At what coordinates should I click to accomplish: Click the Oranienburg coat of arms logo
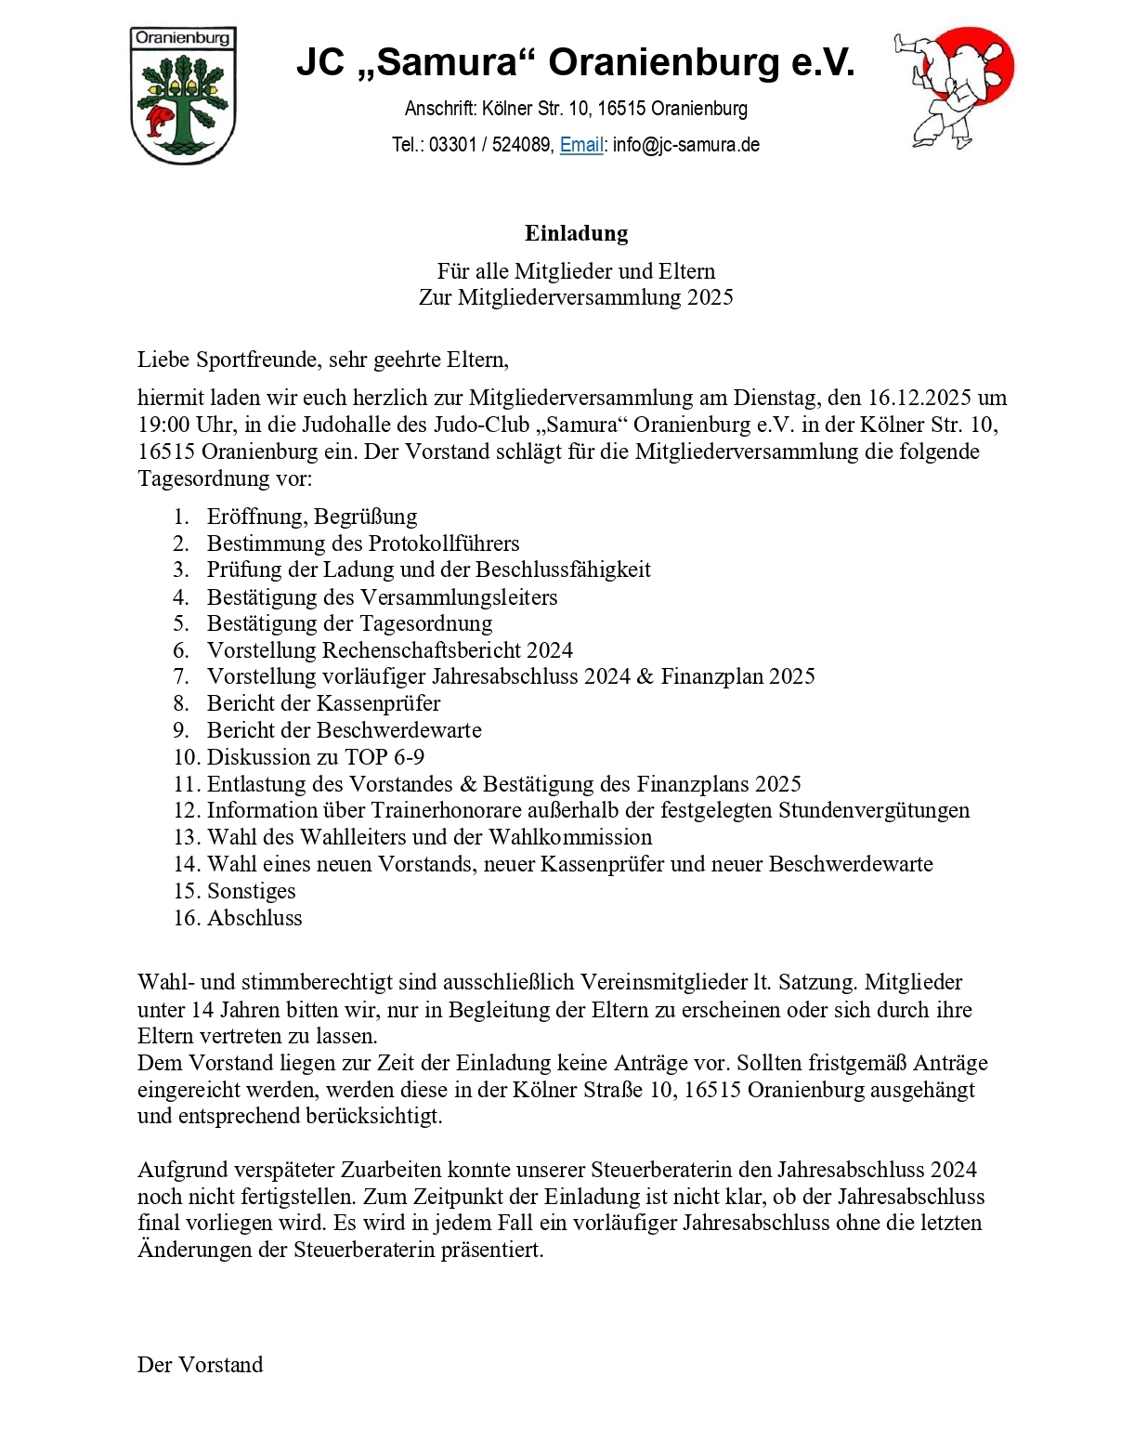[x=183, y=96]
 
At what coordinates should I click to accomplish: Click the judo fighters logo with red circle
[x=954, y=87]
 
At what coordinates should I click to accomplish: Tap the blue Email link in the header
[x=581, y=145]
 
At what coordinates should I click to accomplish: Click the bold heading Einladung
[x=576, y=233]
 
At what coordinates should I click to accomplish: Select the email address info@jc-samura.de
[x=686, y=145]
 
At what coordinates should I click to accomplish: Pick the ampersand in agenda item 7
[x=645, y=676]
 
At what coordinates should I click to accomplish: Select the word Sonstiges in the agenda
[x=251, y=891]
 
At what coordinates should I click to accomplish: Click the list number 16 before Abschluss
[x=187, y=918]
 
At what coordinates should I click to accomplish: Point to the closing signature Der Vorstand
[x=200, y=1365]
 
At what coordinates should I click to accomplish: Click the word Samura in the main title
[x=447, y=62]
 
